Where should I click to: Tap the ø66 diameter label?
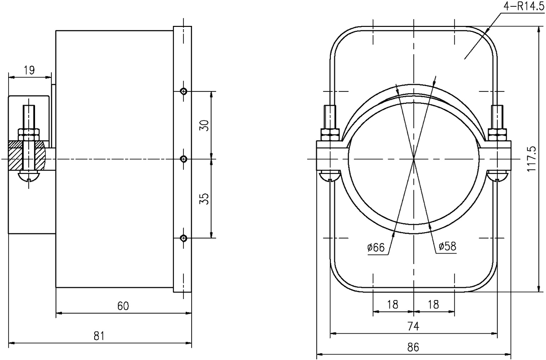376,248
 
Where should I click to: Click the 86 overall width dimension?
413,347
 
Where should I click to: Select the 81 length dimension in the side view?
99,336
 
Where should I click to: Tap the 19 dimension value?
29,70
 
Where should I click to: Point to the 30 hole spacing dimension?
205,125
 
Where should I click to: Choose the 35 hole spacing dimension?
205,199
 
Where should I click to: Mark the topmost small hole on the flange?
183,91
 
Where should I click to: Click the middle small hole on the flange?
183,159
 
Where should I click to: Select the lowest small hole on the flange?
183,238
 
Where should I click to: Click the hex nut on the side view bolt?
29,134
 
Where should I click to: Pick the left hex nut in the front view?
330,134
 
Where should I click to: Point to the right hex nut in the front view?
497,134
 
